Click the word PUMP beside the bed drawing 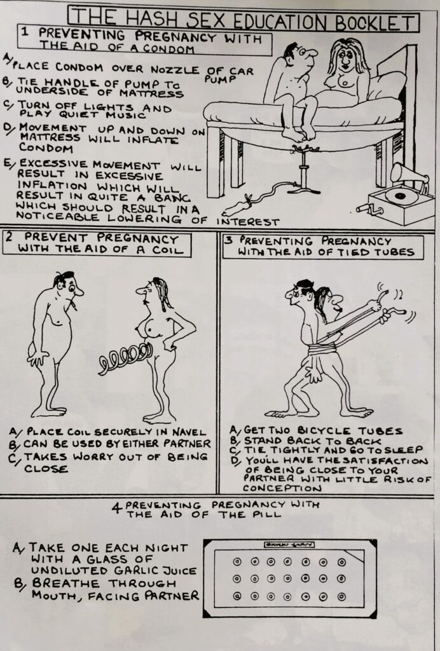pyautogui.click(x=216, y=81)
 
